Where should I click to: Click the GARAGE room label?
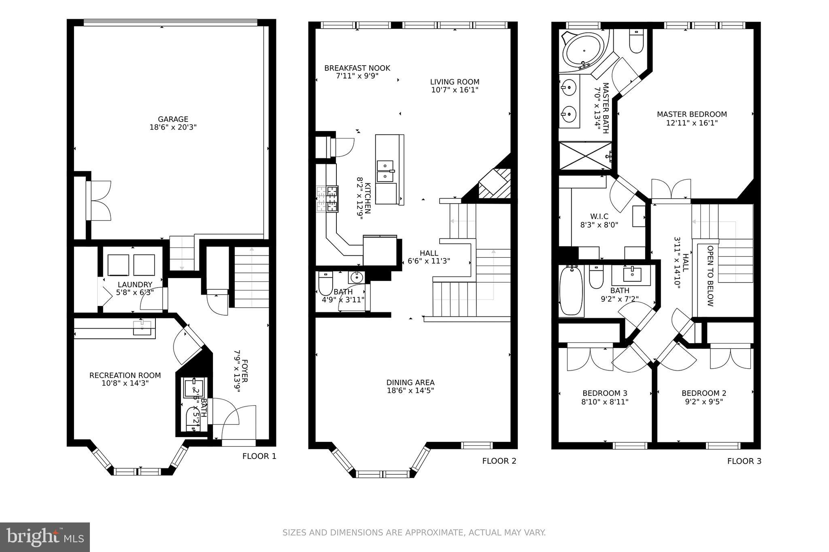click(173, 119)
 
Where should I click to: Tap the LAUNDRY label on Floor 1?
click(135, 285)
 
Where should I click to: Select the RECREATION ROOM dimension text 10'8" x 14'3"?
click(125, 383)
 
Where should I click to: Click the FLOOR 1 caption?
click(259, 456)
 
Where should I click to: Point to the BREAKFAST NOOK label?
click(357, 68)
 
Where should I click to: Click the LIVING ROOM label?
click(455, 82)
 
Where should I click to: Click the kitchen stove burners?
click(327, 199)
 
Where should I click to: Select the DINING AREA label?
click(410, 382)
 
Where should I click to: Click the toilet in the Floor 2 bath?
click(325, 284)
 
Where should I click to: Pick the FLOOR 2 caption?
click(499, 461)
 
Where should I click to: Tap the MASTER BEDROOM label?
click(692, 115)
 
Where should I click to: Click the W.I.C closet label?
click(599, 217)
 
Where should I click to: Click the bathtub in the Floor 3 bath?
click(571, 291)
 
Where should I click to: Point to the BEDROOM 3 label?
click(605, 393)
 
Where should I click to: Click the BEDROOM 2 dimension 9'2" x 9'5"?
click(704, 402)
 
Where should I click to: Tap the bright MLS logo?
click(45, 537)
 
